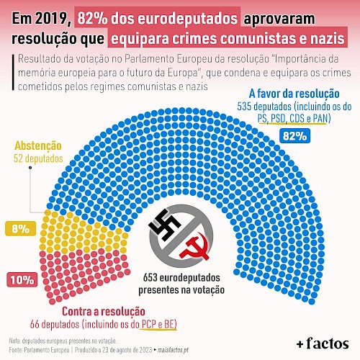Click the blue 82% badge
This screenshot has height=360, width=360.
click(294, 136)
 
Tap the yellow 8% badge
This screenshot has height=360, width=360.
click(21, 228)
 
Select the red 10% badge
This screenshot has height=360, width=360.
click(22, 279)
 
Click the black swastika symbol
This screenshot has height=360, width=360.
click(164, 225)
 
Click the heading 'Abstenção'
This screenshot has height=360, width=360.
click(38, 145)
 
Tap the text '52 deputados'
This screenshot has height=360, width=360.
click(38, 158)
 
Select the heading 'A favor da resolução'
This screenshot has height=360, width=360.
click(294, 94)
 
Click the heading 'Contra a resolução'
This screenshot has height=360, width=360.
click(104, 312)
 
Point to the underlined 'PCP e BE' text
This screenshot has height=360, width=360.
click(158, 324)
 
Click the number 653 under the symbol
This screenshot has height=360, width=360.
click(150, 278)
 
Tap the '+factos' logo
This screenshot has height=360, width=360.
click(323, 343)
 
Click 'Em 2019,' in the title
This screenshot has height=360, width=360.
click(42, 19)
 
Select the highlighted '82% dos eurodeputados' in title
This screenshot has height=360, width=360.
click(158, 19)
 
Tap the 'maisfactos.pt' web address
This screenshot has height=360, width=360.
click(173, 350)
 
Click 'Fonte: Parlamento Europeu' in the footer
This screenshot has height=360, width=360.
click(39, 350)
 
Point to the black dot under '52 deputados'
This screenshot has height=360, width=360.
click(30, 168)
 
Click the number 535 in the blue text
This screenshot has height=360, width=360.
click(244, 107)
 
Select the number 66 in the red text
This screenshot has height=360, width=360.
click(35, 325)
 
